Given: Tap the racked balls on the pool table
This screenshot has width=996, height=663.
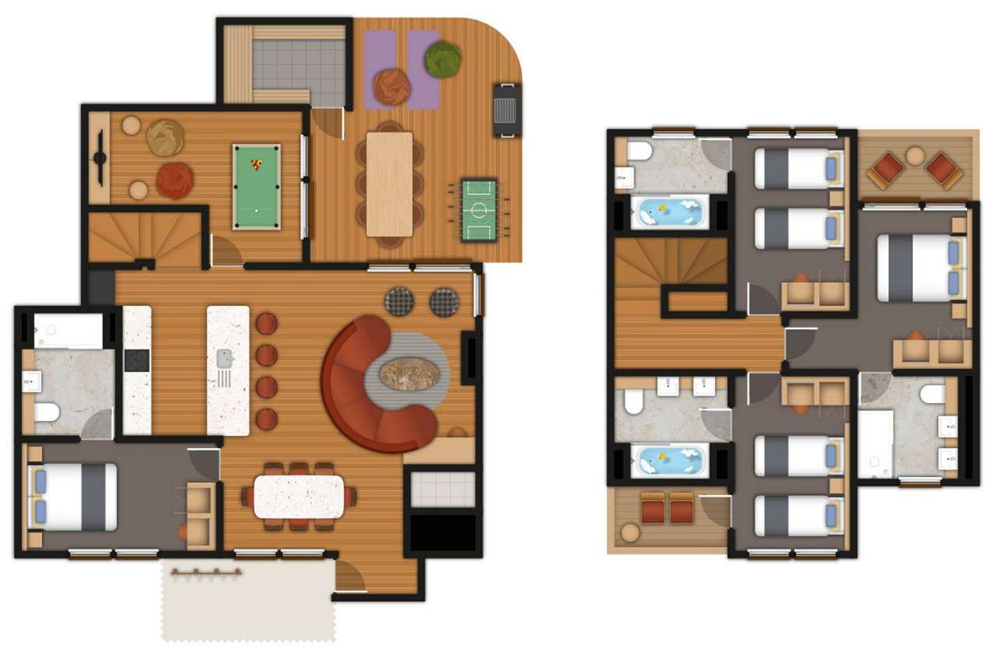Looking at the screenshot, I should (x=256, y=164).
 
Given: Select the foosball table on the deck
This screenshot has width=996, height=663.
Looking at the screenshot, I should (x=479, y=209).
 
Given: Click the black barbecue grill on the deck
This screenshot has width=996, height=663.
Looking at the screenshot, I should (x=507, y=109).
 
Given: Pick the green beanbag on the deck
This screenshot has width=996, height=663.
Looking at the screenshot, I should (x=443, y=59).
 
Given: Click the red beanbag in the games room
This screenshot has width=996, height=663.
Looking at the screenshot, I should (x=174, y=181).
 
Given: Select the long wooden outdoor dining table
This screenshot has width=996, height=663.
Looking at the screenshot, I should (x=389, y=184).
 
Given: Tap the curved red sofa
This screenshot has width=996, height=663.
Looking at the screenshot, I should (x=366, y=389).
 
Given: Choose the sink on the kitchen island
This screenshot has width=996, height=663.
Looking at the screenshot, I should (x=225, y=359).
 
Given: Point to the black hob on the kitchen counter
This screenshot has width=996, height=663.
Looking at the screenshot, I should (x=137, y=360).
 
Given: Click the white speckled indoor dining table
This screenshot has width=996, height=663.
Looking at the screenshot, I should (x=299, y=496).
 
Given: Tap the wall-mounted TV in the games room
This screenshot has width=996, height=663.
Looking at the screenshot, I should (x=100, y=158).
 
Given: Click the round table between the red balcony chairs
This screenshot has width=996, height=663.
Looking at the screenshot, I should (x=915, y=155).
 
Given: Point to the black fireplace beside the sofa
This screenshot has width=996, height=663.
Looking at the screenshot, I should (x=470, y=357).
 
